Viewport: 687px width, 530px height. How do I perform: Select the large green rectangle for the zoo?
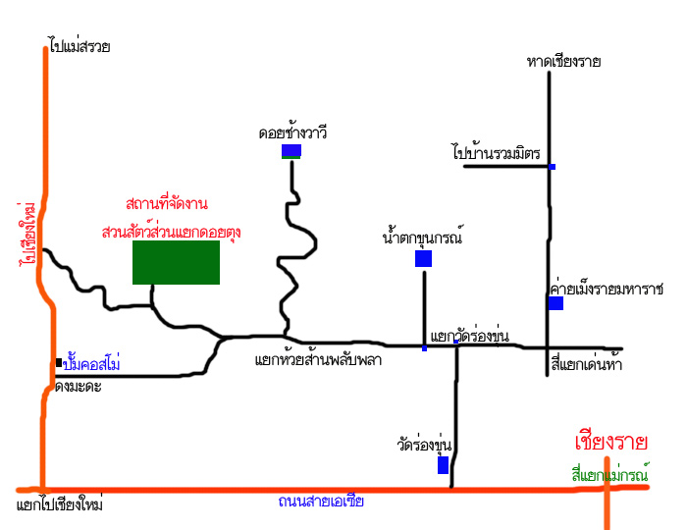176,262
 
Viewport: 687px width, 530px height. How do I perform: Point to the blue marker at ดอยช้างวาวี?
291,150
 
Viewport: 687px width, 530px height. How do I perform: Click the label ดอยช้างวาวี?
292,131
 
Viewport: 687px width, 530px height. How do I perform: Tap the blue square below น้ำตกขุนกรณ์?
423,258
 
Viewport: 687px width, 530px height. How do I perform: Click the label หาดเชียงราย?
563,62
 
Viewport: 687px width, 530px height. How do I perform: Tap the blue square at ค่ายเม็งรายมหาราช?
555,303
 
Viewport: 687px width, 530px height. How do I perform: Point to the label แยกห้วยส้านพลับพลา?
317,360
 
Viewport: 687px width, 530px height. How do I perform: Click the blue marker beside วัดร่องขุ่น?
443,464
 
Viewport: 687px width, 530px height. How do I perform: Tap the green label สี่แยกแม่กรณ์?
610,474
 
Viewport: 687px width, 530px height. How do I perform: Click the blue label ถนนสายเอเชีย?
320,502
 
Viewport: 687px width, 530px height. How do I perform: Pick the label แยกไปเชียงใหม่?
60,505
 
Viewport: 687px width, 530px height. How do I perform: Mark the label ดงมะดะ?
78,386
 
